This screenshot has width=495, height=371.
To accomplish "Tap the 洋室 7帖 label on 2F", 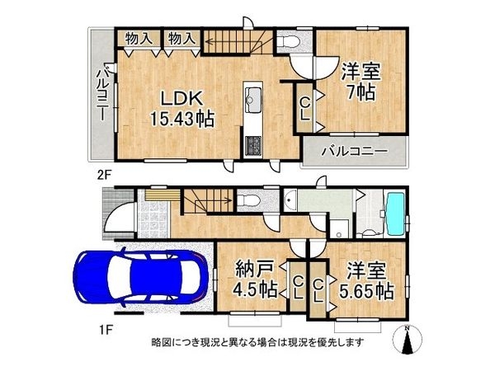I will click(x=360, y=81).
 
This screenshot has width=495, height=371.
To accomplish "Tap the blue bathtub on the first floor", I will click(x=396, y=214).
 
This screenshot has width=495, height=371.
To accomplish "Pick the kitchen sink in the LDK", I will click(x=253, y=103).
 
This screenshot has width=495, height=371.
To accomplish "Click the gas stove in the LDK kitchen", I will click(x=252, y=146).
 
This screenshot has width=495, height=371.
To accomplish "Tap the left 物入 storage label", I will click(x=137, y=38).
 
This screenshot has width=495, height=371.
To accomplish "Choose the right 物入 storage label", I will click(x=181, y=38).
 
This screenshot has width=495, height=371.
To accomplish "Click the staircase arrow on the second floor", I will click(x=235, y=36).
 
